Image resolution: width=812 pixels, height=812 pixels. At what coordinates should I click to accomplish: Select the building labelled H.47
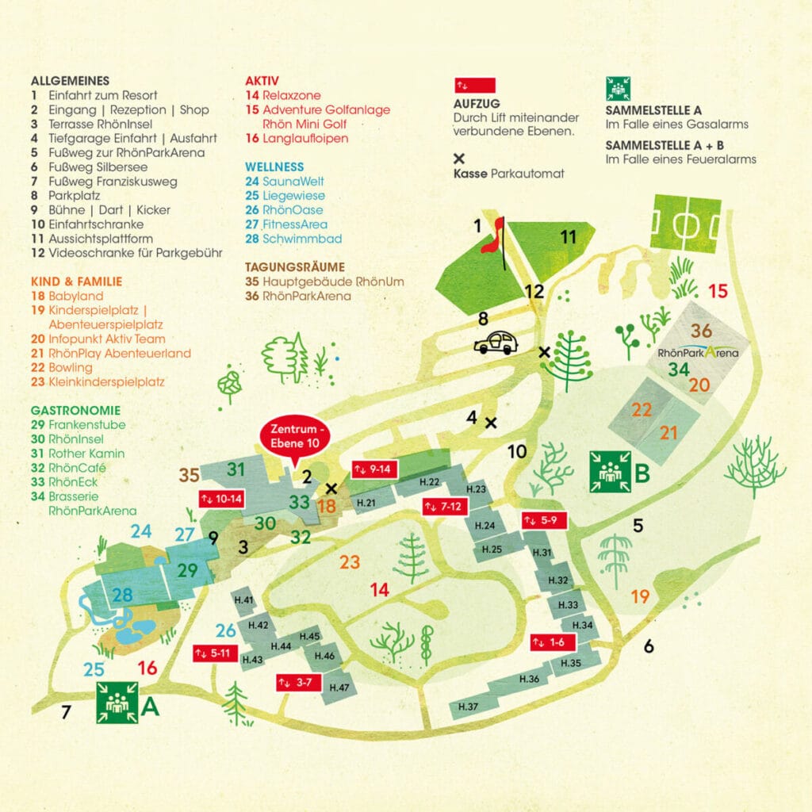click(339, 687)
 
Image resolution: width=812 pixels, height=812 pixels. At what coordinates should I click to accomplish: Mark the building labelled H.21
click(366, 502)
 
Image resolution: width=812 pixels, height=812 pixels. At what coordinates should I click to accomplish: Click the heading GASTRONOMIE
click(75, 410)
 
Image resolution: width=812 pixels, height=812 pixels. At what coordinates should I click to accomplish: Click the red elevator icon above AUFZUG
click(474, 85)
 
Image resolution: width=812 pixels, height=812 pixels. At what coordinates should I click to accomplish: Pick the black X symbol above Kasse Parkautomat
click(458, 158)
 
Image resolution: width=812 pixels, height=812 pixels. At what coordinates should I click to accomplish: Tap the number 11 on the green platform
click(568, 236)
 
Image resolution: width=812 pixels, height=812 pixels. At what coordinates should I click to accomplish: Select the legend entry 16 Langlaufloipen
click(297, 138)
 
